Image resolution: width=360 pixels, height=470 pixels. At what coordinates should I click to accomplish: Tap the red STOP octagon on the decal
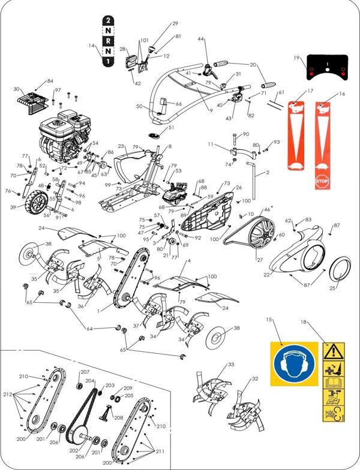tap(323, 182)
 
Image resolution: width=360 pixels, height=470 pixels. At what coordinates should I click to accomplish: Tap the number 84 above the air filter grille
tap(50, 81)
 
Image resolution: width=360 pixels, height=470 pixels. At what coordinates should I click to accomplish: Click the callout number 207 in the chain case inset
tap(85, 372)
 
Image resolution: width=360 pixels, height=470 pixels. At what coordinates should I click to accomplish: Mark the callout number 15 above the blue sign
tap(269, 321)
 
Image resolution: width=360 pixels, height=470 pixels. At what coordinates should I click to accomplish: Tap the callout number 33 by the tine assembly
tap(231, 364)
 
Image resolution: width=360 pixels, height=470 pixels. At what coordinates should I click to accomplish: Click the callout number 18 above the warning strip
tap(304, 322)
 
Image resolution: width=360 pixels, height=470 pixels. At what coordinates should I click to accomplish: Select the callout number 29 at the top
tap(175, 23)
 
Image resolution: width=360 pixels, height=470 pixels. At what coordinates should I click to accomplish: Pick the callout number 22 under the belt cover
tap(266, 275)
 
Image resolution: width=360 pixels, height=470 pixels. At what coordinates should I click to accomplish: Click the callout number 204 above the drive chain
tap(89, 381)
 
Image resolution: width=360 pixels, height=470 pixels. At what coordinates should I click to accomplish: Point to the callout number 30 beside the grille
tap(16, 89)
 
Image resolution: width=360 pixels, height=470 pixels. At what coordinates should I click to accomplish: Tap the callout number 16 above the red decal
tap(343, 94)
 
